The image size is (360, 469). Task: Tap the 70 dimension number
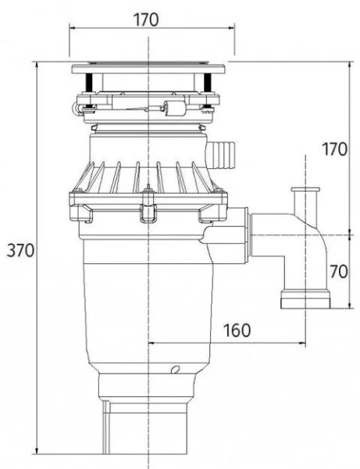pos(337,273)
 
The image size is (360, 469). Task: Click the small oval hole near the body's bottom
pos(176,368)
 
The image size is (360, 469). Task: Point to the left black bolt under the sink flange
pos(92,82)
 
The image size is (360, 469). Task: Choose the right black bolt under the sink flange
pos(209,82)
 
